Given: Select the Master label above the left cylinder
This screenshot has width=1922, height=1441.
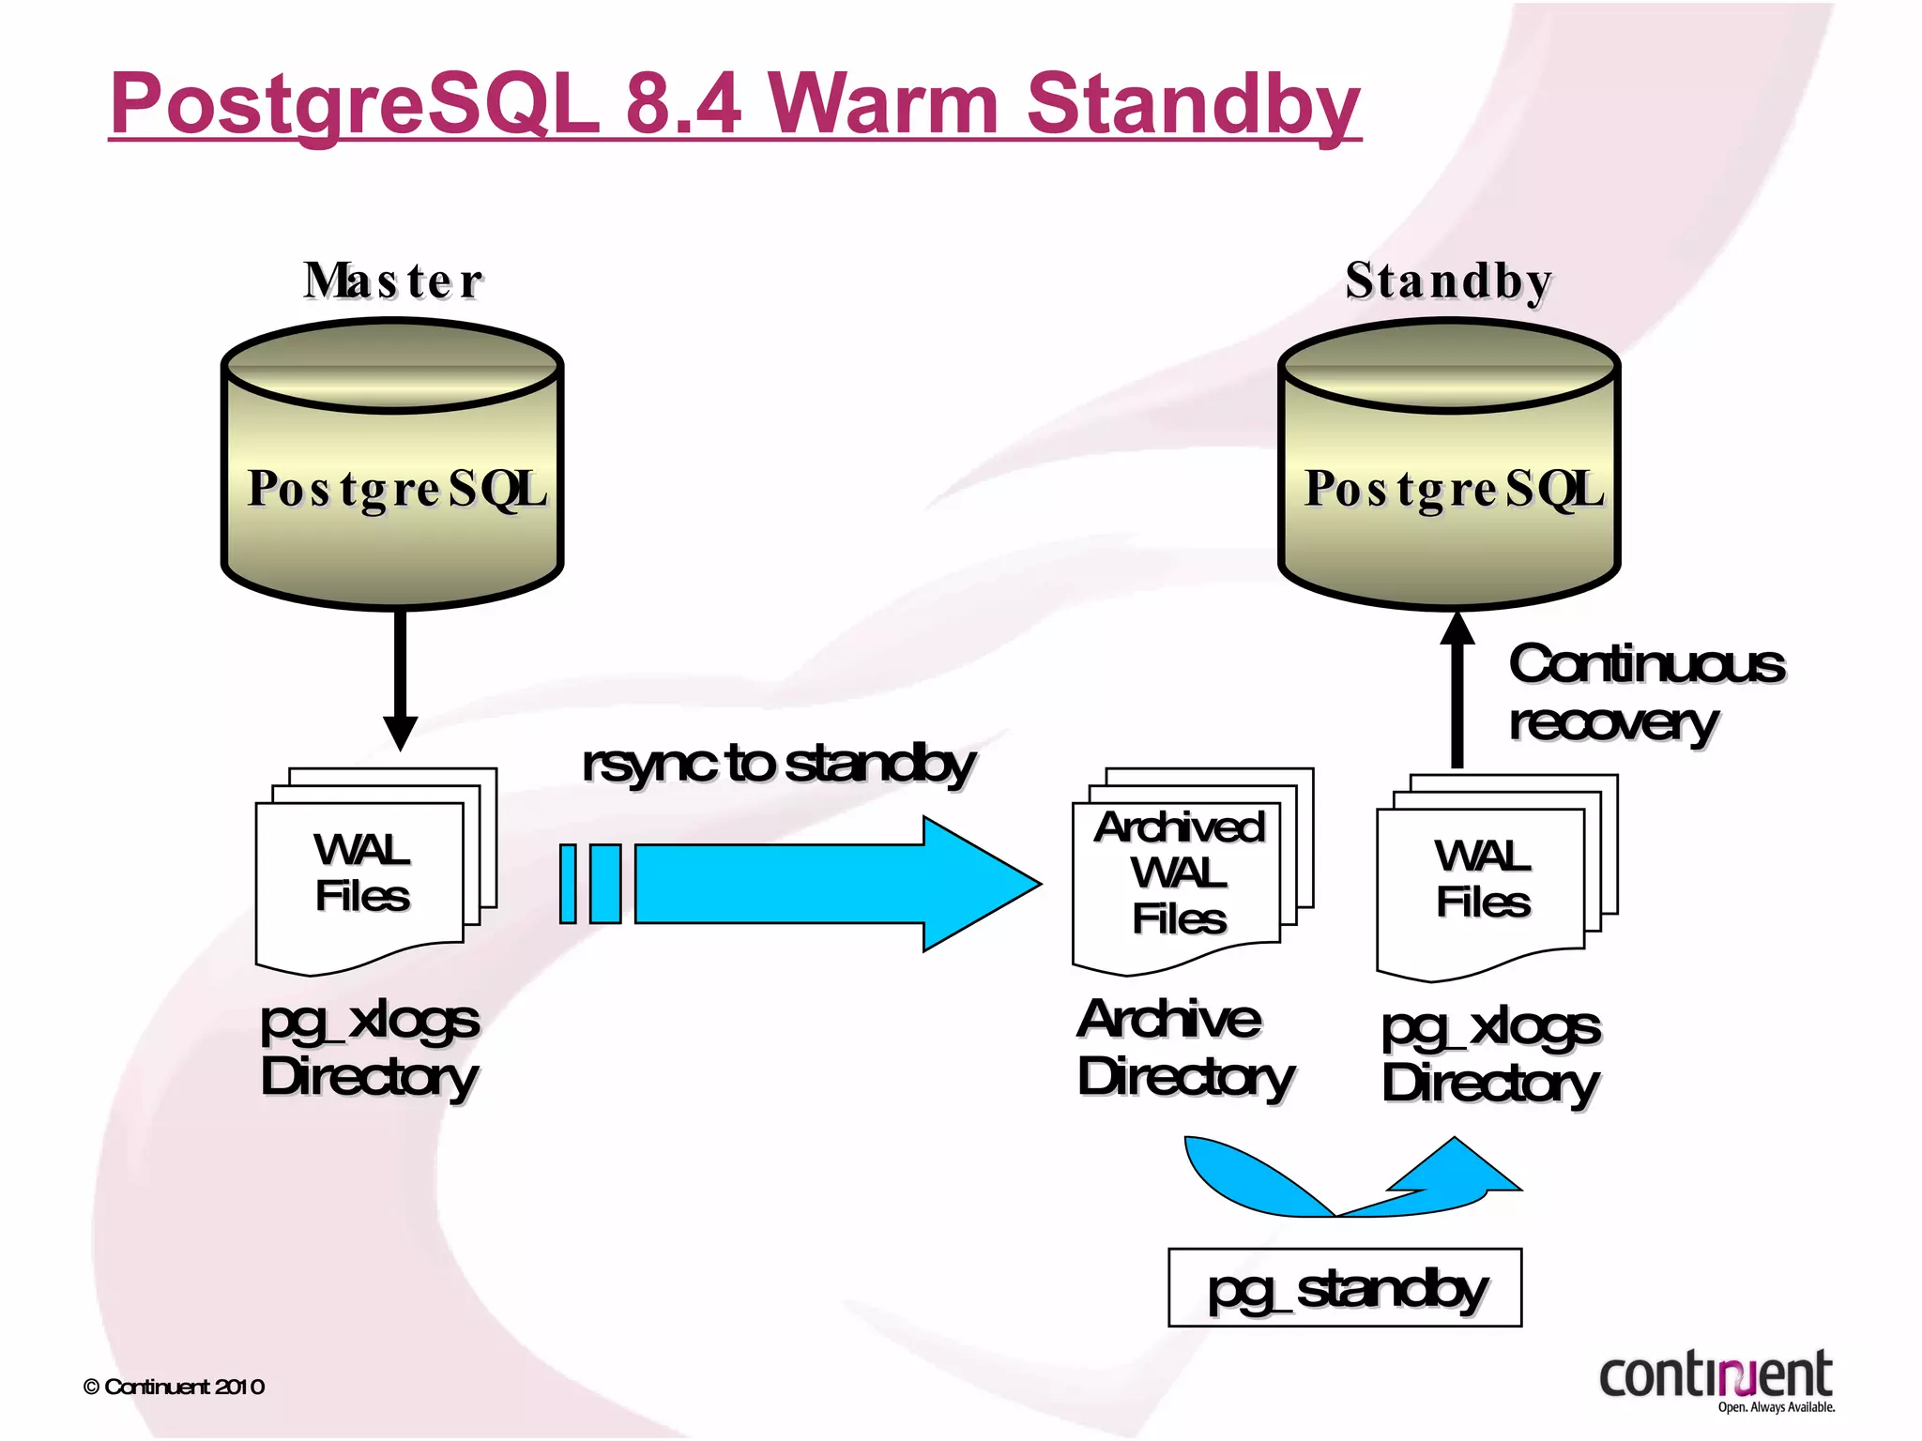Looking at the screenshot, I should (393, 281).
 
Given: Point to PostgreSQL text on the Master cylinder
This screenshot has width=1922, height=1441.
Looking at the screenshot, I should (397, 489).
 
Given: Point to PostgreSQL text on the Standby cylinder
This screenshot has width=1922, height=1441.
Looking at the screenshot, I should (1454, 489).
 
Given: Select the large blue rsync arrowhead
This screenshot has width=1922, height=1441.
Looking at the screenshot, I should (976, 884).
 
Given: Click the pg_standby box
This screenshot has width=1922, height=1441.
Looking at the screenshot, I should (1344, 1288).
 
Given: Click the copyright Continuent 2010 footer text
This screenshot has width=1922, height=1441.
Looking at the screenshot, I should (174, 1387).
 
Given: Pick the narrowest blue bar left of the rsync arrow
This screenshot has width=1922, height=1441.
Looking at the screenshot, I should (568, 884).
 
